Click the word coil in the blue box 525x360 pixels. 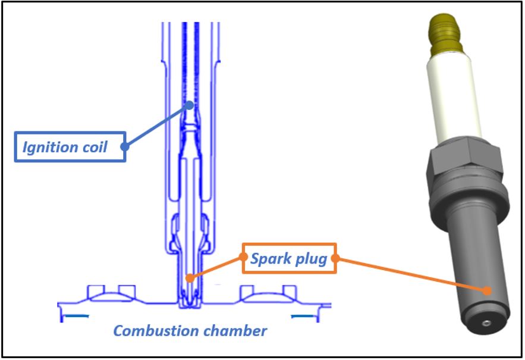[95, 146]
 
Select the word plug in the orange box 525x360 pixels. [310, 259]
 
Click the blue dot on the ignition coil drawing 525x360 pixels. [189, 105]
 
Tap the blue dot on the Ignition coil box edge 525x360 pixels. [125, 146]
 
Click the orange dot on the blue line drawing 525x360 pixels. [189, 277]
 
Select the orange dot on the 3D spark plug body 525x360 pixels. [487, 291]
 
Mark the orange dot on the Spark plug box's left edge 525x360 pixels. [243, 257]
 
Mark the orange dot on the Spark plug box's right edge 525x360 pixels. [335, 258]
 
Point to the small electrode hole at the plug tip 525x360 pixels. [486, 323]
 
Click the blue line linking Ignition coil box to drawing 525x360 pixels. [157, 125]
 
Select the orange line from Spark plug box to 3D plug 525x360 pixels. [410, 274]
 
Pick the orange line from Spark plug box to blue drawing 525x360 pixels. [216, 267]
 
